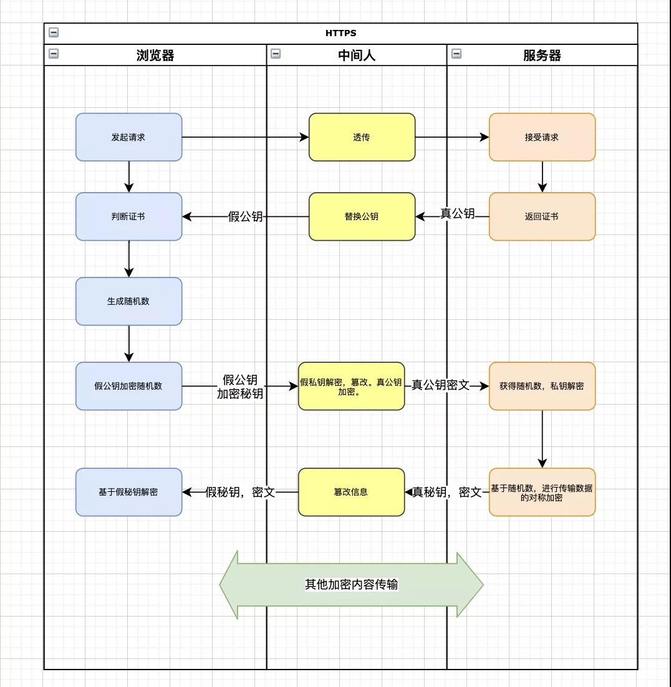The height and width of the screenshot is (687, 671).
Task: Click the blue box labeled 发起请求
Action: pos(128,137)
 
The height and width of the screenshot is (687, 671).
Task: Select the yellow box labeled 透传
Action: pos(362,137)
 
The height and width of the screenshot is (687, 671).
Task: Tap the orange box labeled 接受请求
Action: pos(542,137)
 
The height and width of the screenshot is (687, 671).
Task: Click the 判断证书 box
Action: pos(128,216)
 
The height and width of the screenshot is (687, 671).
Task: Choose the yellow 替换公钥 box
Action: pos(362,216)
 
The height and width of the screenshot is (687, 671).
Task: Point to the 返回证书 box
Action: pos(542,216)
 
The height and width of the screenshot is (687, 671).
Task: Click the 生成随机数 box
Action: pos(128,301)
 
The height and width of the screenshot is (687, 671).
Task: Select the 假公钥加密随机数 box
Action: pos(128,386)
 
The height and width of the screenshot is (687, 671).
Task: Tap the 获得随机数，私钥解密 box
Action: pos(542,386)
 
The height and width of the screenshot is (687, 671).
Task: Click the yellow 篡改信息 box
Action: pos(351,492)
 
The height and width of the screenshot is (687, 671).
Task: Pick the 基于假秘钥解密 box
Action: pos(128,492)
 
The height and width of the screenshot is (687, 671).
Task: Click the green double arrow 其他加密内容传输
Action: pos(351,585)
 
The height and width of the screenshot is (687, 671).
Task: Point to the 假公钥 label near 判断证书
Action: pos(245,216)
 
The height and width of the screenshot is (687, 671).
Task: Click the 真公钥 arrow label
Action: pos(458,214)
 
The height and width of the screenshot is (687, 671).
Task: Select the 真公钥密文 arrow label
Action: pos(440,385)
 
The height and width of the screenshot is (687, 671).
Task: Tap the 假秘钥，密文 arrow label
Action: pos(240,492)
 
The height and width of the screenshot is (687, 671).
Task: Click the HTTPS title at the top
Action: pos(340,33)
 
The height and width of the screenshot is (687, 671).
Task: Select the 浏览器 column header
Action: pos(155,55)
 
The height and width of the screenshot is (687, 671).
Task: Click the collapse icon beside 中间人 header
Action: pos(276,54)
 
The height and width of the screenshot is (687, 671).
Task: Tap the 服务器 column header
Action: pos(542,55)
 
